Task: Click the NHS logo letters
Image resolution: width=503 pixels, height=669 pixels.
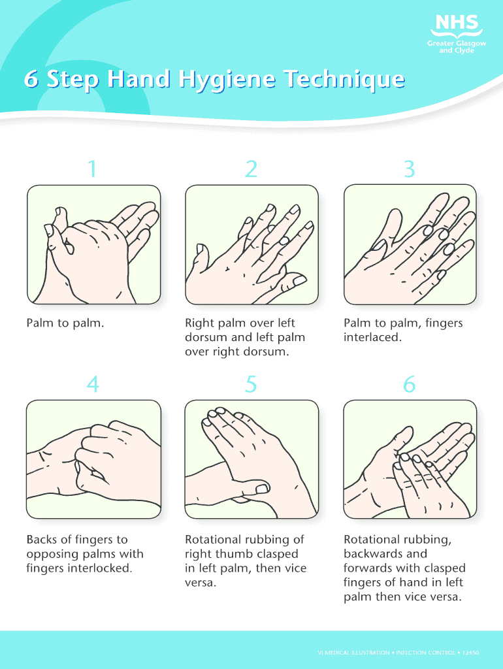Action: click(457, 22)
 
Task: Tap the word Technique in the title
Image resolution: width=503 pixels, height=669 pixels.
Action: click(344, 79)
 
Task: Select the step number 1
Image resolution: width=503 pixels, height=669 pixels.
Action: click(93, 169)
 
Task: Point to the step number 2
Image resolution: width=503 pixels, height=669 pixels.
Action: click(252, 169)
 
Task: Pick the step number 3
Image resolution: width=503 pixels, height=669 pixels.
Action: click(409, 169)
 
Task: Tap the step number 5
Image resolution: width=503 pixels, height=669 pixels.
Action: click(252, 384)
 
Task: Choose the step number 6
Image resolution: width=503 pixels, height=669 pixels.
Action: click(409, 384)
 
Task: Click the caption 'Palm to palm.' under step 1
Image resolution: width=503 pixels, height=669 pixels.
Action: click(65, 323)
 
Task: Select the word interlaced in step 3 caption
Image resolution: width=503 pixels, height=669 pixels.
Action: click(373, 337)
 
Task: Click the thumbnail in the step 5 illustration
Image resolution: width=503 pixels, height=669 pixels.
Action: click(262, 488)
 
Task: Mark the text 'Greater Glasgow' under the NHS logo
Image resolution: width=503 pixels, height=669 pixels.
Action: click(457, 44)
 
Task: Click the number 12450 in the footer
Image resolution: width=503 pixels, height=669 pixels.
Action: click(470, 653)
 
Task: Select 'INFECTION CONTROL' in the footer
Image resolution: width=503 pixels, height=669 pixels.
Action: click(425, 653)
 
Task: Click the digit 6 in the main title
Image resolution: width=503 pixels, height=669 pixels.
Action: click(31, 78)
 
